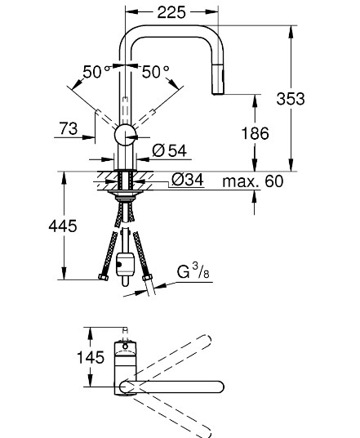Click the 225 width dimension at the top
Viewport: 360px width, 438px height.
(171, 12)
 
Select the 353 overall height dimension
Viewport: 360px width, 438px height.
(291, 99)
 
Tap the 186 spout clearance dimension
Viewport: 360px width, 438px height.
(255, 133)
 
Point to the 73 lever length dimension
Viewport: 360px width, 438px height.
(69, 129)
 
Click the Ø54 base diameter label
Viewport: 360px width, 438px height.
(170, 151)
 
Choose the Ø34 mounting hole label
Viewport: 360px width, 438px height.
(188, 180)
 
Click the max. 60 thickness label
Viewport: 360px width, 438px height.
(253, 181)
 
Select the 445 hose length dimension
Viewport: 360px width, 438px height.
(63, 226)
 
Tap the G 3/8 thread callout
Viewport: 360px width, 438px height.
(193, 271)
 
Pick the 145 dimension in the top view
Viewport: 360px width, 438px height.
(91, 357)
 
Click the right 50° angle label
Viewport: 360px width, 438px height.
(155, 72)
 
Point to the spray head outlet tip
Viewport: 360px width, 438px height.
(218, 93)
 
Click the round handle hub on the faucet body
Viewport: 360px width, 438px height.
(125, 135)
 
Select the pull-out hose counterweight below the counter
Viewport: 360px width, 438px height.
(125, 264)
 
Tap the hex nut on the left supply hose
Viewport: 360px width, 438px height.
(104, 277)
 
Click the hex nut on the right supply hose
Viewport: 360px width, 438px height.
(147, 277)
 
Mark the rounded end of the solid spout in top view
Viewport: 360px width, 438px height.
(220, 387)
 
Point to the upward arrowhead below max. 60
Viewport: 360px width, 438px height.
(254, 195)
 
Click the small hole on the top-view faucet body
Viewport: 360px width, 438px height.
(125, 346)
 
